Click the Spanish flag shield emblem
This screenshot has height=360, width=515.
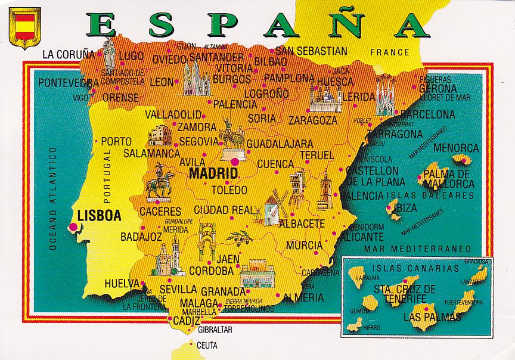tap(25, 28)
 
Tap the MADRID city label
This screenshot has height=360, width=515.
tap(212, 173)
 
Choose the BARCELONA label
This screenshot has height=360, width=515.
tap(427, 114)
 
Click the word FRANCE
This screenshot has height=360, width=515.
tap(390, 52)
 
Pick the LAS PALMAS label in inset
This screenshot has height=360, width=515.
tap(432, 317)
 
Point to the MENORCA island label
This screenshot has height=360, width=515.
tap(455, 147)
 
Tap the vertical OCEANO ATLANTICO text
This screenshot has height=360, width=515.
tap(53, 197)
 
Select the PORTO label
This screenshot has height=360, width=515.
tap(116, 141)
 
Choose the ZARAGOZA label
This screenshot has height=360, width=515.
tap(313, 120)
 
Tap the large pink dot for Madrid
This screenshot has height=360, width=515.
tap(235, 161)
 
